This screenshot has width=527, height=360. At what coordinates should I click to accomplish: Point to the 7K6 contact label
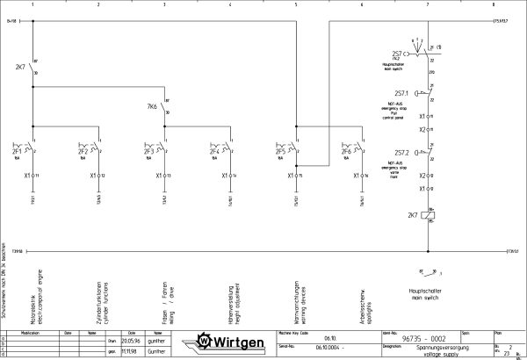(x=152, y=106)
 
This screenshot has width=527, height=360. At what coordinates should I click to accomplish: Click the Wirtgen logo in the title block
(x=231, y=341)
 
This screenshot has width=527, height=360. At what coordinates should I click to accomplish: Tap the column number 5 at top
(x=296, y=4)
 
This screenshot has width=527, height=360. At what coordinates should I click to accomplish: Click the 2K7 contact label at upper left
(x=20, y=67)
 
